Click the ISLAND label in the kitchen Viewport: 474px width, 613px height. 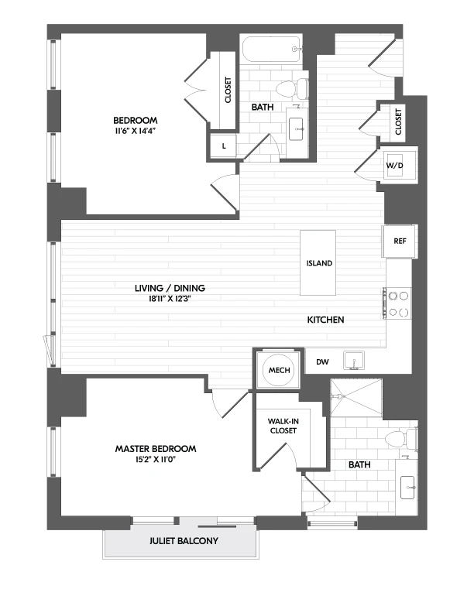pos(318,263)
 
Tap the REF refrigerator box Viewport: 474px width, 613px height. pos(400,241)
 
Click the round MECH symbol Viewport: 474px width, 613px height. pos(279,370)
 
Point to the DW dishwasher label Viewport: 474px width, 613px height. pos(321,361)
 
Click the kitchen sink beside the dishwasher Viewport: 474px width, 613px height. pos(357,361)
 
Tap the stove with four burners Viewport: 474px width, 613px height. pos(399,303)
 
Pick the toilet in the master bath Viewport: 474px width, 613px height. pos(400,440)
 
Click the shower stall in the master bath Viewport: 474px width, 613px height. pos(357,401)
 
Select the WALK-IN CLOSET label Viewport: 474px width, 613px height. pos(283,426)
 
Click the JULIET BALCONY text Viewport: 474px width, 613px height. pos(179,542)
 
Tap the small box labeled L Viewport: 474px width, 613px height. pos(224,146)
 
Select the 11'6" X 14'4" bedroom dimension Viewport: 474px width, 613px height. pos(136,132)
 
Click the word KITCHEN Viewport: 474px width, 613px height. pos(325,320)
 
